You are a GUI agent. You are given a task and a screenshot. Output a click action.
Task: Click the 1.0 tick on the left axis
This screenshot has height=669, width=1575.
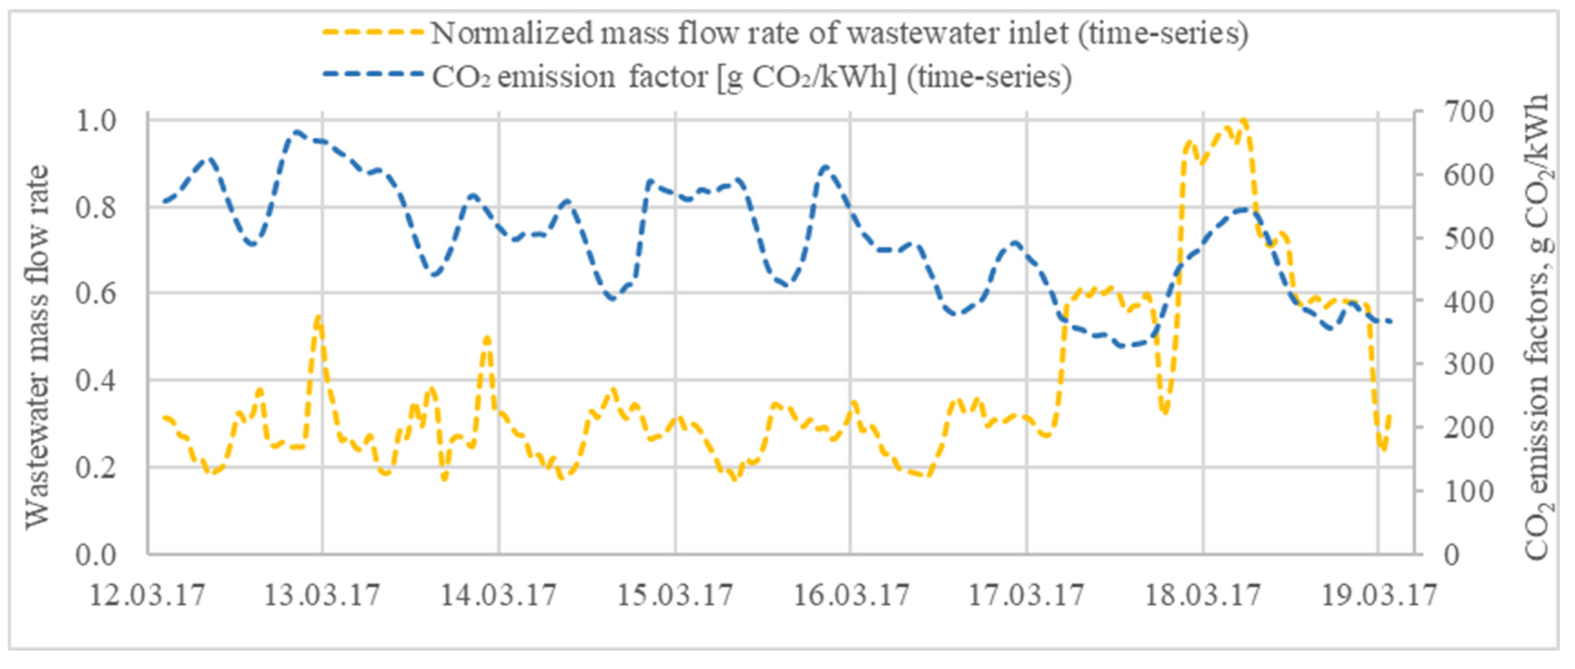(x=96, y=121)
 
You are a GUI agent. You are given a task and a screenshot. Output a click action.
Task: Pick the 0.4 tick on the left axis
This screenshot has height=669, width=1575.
(x=96, y=380)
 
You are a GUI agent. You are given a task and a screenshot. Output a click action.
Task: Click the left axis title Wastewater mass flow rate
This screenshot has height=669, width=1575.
(x=38, y=347)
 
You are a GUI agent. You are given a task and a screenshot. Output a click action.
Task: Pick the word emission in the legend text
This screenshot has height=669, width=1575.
(x=556, y=77)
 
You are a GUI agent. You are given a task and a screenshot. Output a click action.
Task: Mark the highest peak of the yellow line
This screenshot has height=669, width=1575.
(x=1243, y=120)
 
